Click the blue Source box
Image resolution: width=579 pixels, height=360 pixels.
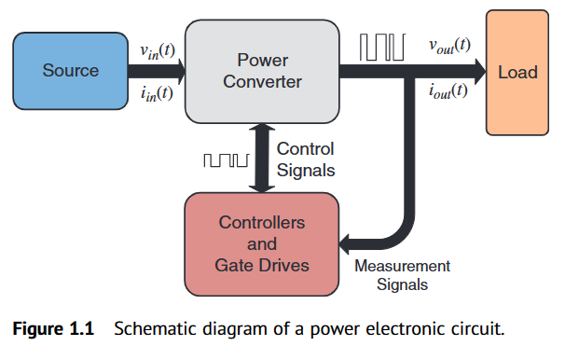click(71, 70)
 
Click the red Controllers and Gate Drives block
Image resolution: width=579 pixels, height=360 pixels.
click(261, 244)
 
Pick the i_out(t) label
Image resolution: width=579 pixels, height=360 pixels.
click(448, 91)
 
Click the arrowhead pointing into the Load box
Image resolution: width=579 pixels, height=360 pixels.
click(476, 70)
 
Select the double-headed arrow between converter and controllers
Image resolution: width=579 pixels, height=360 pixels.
click(262, 159)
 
